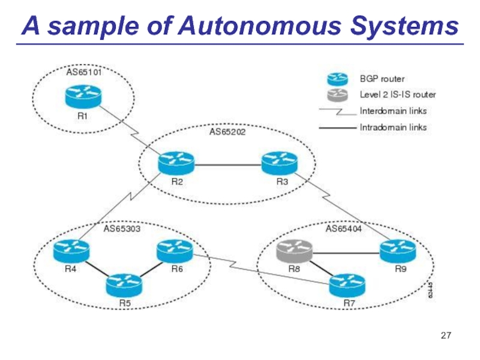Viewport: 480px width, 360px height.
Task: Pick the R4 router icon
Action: pyautogui.click(x=71, y=250)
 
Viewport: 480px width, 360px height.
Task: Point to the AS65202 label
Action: pyautogui.click(x=228, y=130)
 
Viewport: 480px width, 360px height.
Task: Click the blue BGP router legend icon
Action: pyautogui.click(x=337, y=79)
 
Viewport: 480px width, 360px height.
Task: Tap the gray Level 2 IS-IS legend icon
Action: pyautogui.click(x=337, y=94)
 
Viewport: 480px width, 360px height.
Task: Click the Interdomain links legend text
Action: pyautogui.click(x=393, y=111)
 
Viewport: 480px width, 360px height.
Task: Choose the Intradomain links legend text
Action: pyautogui.click(x=393, y=127)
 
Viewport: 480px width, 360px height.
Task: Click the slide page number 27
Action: pyautogui.click(x=445, y=334)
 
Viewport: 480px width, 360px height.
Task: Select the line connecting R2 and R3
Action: pyautogui.click(x=228, y=163)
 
